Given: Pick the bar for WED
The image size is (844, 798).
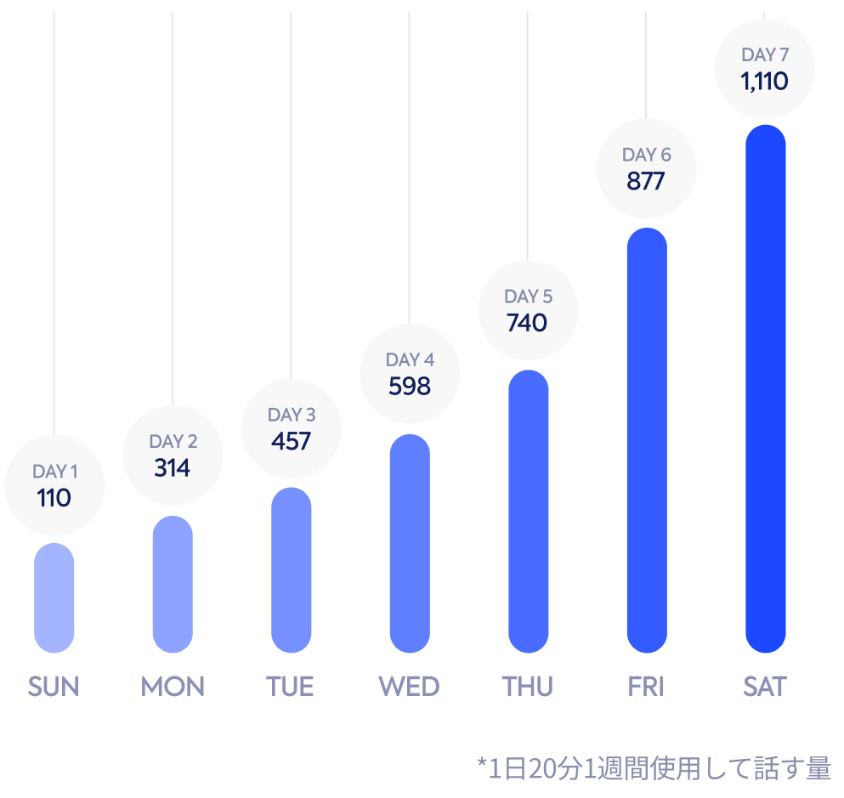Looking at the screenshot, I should [x=410, y=543].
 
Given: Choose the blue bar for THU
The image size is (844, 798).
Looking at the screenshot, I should [x=529, y=511].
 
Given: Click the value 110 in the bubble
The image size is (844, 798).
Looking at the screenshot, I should [x=54, y=498].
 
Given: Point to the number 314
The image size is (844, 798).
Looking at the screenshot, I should [x=173, y=468].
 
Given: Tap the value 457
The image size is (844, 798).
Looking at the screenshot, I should [x=292, y=442].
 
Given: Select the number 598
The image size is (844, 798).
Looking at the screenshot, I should [x=410, y=387].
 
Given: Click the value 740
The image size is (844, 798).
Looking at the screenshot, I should [x=528, y=323].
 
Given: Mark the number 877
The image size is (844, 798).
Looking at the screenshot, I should [x=646, y=182].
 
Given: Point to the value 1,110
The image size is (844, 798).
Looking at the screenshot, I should [x=764, y=82].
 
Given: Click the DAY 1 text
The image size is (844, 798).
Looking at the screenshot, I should [x=54, y=472].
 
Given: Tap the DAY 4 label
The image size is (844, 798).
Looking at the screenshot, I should [x=410, y=359].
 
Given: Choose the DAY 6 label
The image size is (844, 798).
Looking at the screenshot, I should [x=646, y=155].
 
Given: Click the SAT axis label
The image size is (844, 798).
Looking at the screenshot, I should [x=765, y=687].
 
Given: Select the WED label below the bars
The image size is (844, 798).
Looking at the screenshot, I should [x=409, y=687].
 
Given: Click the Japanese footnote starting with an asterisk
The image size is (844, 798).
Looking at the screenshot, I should [x=654, y=768].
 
